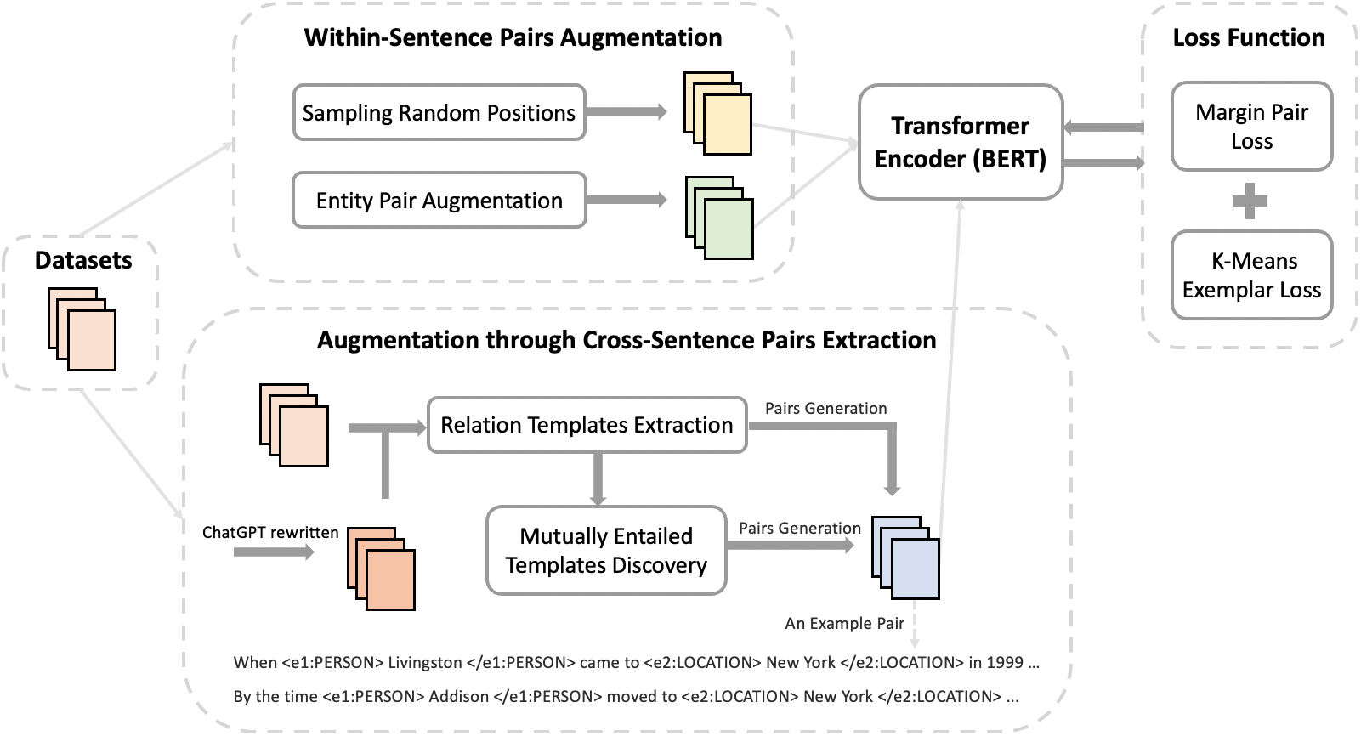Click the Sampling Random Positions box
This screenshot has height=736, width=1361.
click(x=439, y=112)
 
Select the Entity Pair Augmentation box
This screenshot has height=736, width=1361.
click(x=439, y=201)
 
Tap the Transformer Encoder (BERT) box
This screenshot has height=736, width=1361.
click(x=961, y=142)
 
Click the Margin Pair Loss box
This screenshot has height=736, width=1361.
click(x=1251, y=127)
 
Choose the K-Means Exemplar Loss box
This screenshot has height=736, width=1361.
click(x=1251, y=275)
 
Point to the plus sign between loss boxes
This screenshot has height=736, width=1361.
click(x=1250, y=201)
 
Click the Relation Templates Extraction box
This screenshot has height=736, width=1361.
click(x=587, y=425)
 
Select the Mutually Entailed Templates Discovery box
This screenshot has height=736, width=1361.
click(x=606, y=551)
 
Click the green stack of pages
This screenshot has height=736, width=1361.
click(x=720, y=218)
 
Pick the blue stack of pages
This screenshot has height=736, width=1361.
click(x=906, y=558)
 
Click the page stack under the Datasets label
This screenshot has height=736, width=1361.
click(x=82, y=330)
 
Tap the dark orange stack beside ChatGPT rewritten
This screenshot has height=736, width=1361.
click(x=381, y=569)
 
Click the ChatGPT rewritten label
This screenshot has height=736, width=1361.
click(x=270, y=533)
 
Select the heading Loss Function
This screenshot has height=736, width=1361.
click(x=1248, y=38)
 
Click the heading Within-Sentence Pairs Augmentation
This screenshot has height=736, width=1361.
click(x=513, y=38)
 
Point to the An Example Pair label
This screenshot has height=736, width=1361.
click(x=844, y=624)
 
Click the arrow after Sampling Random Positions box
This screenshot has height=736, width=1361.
click(x=627, y=111)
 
